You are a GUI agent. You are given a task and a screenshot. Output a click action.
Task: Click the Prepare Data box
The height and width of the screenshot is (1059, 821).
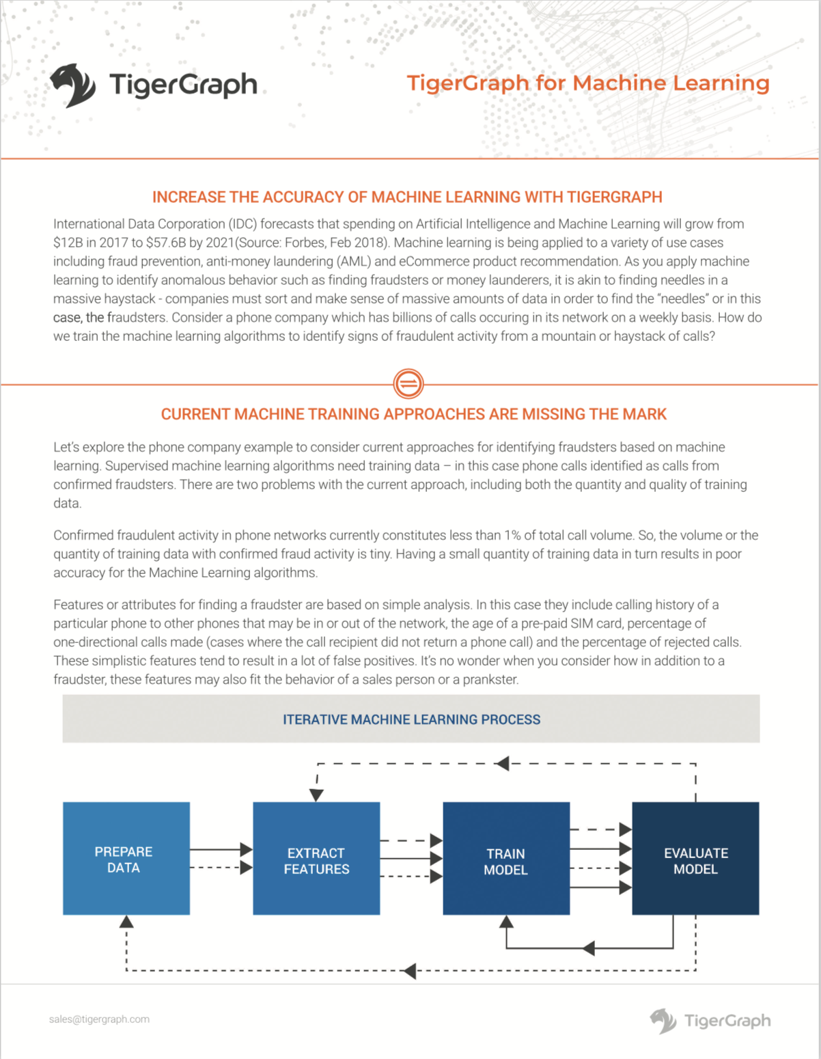click(x=126, y=858)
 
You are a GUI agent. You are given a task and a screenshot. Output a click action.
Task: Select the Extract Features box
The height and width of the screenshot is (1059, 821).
click(x=316, y=858)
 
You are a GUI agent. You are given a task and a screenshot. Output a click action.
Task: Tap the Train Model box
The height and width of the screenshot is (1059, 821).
click(x=506, y=858)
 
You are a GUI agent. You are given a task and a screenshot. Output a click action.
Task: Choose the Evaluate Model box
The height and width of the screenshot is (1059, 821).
click(x=695, y=858)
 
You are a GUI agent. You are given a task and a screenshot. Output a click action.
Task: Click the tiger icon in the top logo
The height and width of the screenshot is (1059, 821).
click(x=72, y=85)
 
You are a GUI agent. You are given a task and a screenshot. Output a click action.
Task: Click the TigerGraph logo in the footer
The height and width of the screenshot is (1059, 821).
click(x=710, y=1021)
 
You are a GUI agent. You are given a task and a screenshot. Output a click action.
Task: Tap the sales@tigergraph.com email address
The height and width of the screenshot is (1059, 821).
click(x=99, y=1019)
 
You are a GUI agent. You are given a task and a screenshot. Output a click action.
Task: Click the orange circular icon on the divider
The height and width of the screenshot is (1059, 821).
click(x=408, y=383)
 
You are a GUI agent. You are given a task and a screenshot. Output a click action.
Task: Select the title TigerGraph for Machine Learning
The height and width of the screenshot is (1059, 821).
click(x=588, y=83)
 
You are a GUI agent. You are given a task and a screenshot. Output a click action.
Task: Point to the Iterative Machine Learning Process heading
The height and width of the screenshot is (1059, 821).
click(x=411, y=719)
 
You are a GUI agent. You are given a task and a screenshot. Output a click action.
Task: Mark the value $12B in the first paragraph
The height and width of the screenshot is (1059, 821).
click(x=68, y=243)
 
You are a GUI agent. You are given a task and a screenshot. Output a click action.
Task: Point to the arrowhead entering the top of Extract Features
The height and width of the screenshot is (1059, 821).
click(x=316, y=795)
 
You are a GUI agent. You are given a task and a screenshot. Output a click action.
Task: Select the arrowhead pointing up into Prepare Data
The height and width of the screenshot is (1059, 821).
click(x=126, y=922)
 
